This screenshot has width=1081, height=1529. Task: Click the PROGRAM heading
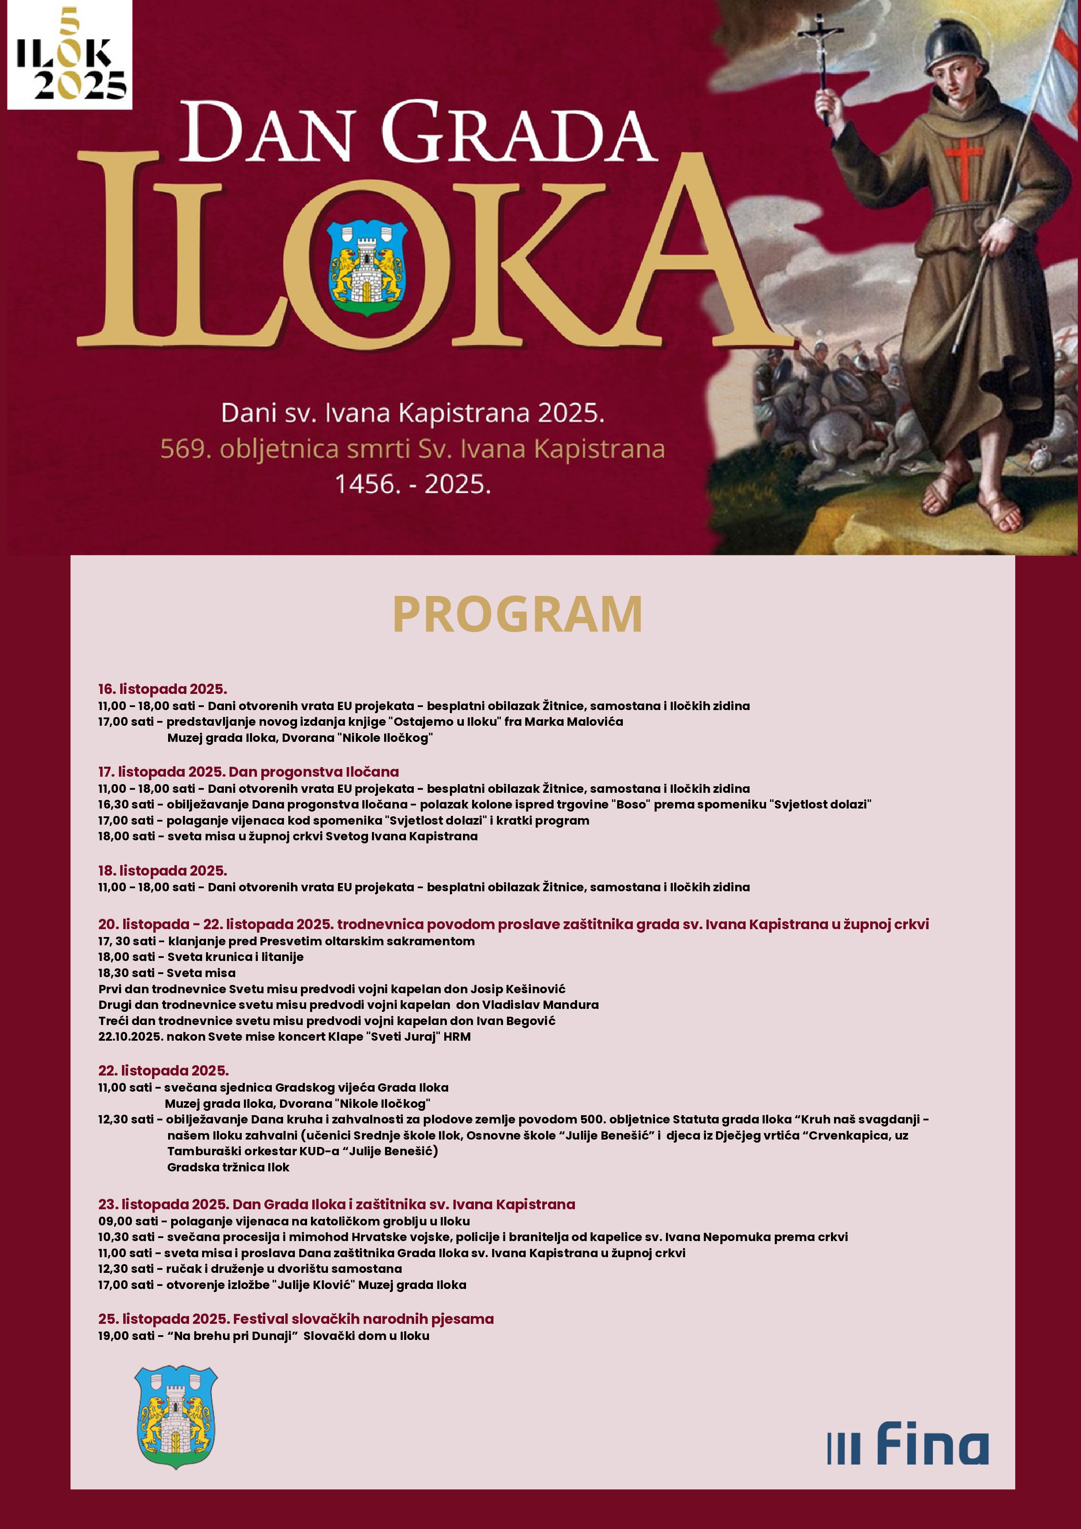517,614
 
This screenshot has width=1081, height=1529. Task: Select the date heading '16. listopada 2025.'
162,689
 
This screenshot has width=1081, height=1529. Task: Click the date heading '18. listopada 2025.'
162,870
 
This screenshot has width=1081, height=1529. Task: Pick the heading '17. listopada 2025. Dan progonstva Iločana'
248,772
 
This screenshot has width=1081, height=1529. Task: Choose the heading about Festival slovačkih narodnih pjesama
296,1319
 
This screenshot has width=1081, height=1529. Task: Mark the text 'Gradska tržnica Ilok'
228,1167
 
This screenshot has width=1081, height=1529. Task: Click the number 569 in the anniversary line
181,450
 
